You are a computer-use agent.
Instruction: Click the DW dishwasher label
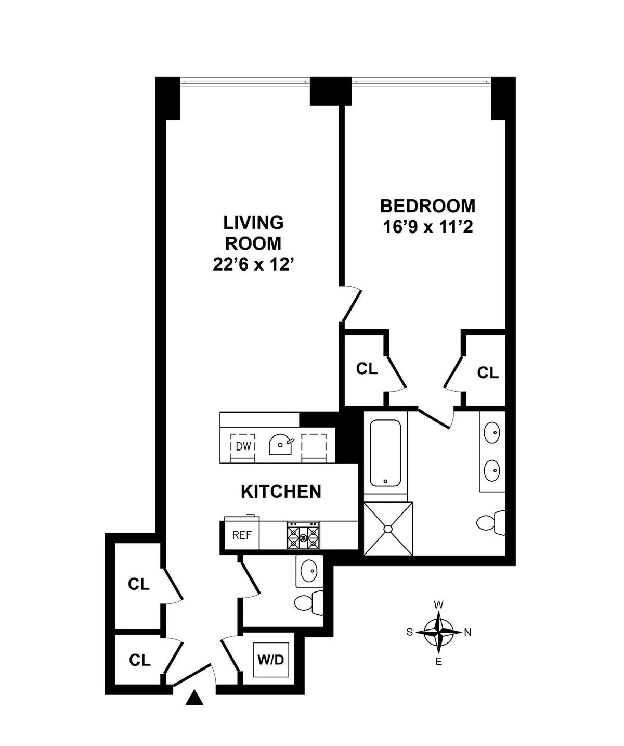243,446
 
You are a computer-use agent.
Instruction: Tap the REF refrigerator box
242,535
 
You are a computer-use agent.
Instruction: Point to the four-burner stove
303,535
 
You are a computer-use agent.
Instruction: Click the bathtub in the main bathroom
385,452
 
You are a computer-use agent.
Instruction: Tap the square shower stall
388,528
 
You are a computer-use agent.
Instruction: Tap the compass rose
439,633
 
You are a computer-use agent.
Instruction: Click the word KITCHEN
281,492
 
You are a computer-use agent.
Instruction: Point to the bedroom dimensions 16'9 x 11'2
427,227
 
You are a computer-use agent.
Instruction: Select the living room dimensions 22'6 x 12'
254,265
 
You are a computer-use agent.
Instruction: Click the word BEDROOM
427,206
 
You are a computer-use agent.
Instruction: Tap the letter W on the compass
439,604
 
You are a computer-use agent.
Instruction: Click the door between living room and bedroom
351,304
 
